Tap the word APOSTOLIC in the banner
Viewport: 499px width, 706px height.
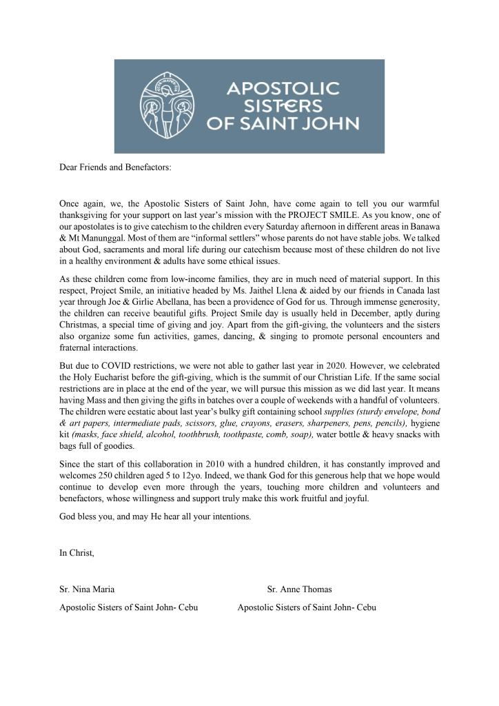283,89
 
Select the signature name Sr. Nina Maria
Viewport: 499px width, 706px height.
88,589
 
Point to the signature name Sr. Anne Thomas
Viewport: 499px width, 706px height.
300,589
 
